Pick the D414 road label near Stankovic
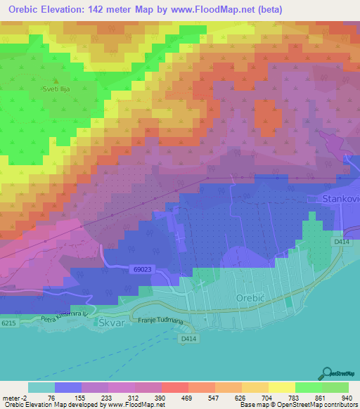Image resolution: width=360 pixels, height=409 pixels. (x=342, y=242)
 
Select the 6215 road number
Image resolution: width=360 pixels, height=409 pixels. (x=9, y=322)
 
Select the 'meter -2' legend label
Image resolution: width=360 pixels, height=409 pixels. (x=14, y=397)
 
